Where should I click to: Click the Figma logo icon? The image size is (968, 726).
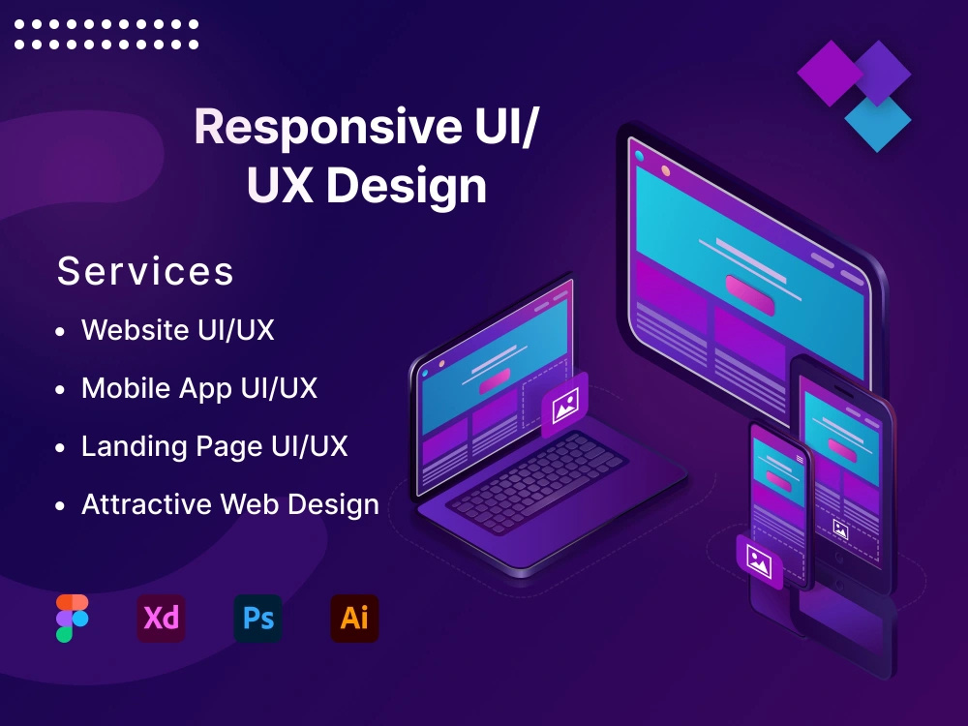pyautogui.click(x=72, y=618)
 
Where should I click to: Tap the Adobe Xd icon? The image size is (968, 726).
pyautogui.click(x=161, y=618)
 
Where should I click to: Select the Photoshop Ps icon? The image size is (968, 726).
pyautogui.click(x=257, y=618)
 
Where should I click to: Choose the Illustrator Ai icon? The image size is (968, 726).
pyautogui.click(x=354, y=618)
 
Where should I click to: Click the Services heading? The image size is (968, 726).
pyautogui.click(x=145, y=271)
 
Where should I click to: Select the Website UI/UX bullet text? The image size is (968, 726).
pyautogui.click(x=178, y=330)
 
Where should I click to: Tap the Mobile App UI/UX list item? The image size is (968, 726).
pyautogui.click(x=199, y=388)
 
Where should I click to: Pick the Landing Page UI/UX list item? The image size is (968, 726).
pyautogui.click(x=214, y=446)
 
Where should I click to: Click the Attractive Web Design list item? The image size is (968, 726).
pyautogui.click(x=230, y=504)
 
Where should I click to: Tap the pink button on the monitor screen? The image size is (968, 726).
pyautogui.click(x=750, y=294)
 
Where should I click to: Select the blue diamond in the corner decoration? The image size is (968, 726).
pyautogui.click(x=878, y=121)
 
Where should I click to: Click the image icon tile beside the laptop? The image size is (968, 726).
pyautogui.click(x=564, y=404)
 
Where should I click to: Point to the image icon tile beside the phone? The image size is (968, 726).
pyautogui.click(x=760, y=561)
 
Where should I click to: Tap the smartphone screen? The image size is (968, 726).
pyautogui.click(x=778, y=484)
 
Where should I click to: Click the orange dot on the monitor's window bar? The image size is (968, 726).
pyautogui.click(x=665, y=171)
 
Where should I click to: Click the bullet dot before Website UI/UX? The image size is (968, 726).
pyautogui.click(x=61, y=331)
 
